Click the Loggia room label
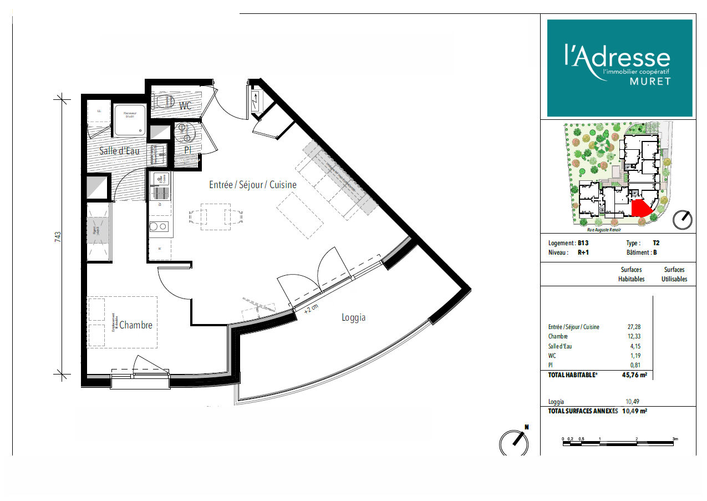353,318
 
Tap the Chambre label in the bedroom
135,325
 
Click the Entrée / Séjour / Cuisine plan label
252,185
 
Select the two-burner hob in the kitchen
160,226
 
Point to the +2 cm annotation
311,309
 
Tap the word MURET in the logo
649,82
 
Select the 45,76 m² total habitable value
634,375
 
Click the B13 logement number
583,243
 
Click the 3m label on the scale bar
675,439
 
